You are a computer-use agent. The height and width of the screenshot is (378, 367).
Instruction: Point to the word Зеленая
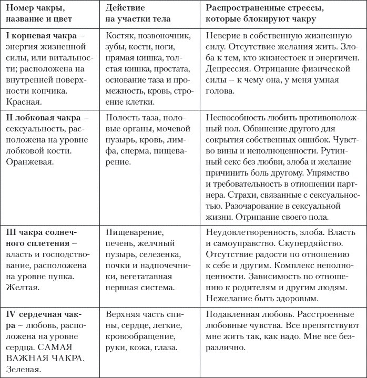click(x=24, y=370)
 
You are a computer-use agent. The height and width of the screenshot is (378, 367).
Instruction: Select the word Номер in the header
click(x=21, y=7)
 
